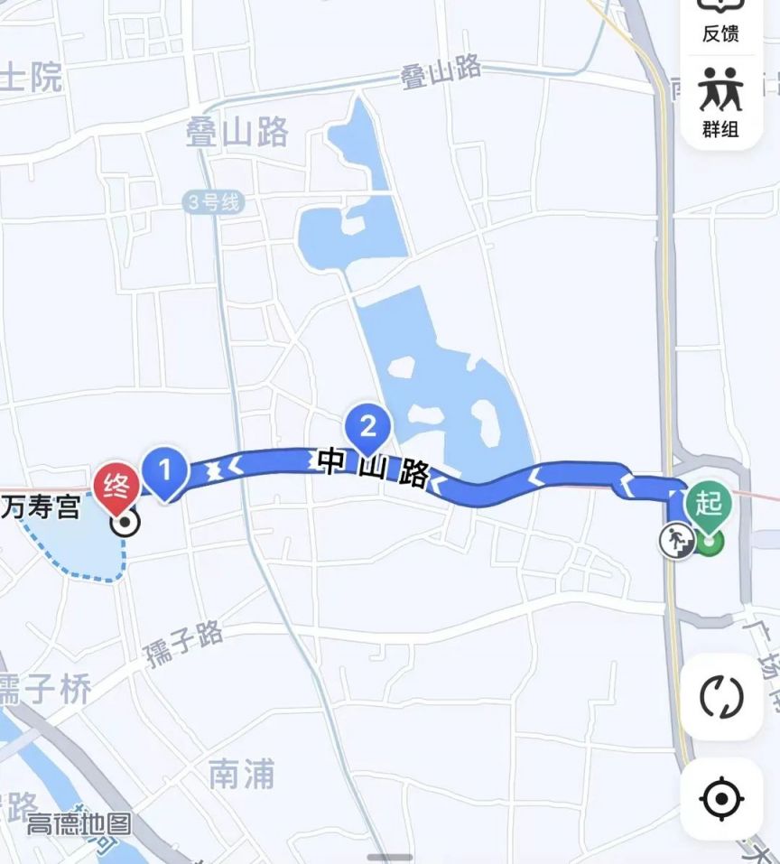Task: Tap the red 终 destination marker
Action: (x=116, y=482)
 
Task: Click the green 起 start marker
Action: (x=708, y=504)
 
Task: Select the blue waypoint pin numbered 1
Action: (x=165, y=470)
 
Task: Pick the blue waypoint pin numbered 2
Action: (x=367, y=424)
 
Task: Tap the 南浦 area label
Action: (x=241, y=774)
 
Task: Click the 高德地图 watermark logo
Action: (x=79, y=824)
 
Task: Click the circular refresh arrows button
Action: (x=721, y=696)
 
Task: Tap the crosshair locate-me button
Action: (x=721, y=798)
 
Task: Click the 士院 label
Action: (x=31, y=79)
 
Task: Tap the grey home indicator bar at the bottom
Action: (x=390, y=857)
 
